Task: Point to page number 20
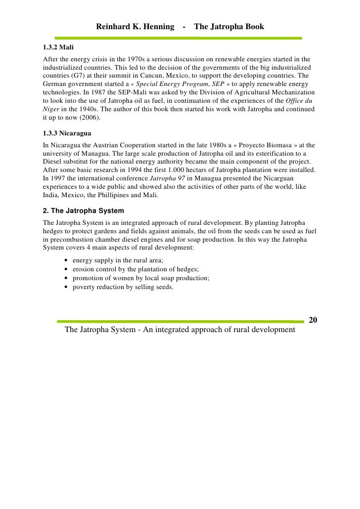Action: pos(313,320)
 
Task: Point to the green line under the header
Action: pos(178,38)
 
